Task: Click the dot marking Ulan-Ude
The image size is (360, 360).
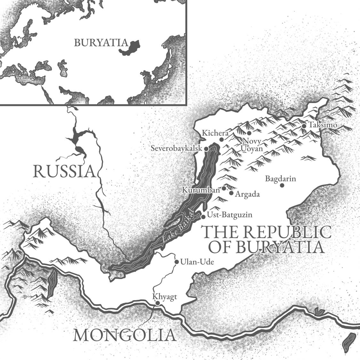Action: click(x=177, y=262)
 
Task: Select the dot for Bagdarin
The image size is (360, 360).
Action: click(x=282, y=185)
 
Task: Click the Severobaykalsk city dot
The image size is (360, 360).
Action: click(x=206, y=149)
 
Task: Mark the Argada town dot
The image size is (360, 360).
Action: click(x=231, y=193)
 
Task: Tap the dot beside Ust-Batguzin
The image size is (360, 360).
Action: click(x=203, y=217)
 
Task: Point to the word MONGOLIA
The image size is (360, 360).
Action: click(x=125, y=335)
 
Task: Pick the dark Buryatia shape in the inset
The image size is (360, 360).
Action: click(x=130, y=48)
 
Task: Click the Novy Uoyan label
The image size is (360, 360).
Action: click(x=252, y=145)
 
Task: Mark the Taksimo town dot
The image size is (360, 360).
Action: click(x=304, y=126)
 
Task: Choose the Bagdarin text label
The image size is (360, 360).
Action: click(x=281, y=179)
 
